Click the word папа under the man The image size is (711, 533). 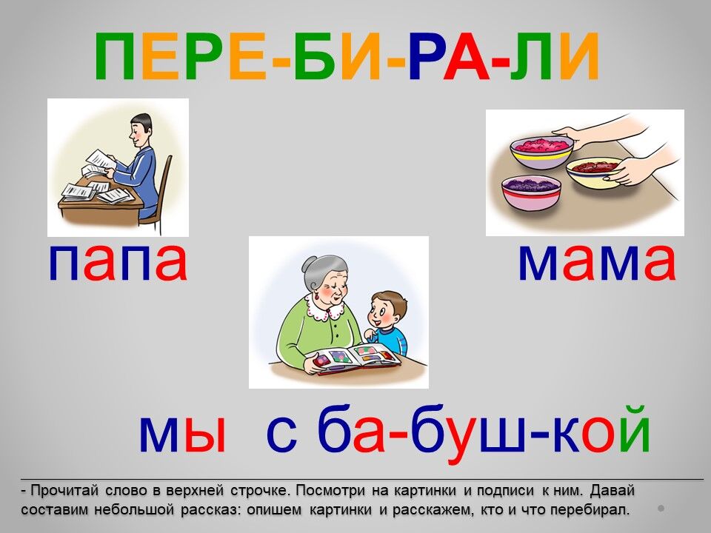coord(118,264)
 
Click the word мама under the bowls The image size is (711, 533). coord(597,264)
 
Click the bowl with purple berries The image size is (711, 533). coord(531,192)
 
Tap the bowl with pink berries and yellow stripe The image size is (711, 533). coord(542,152)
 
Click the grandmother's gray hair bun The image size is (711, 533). coord(311,264)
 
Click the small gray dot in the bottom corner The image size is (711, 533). coord(661,509)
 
